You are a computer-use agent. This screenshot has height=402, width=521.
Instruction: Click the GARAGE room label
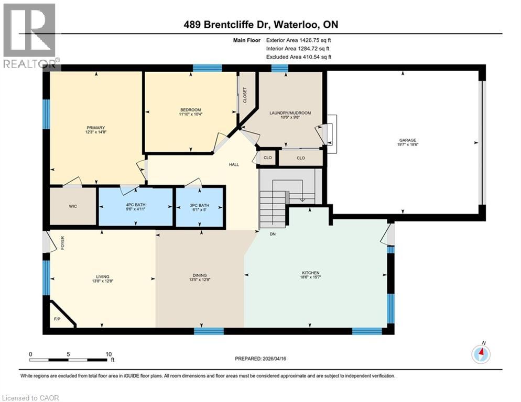pos(408,140)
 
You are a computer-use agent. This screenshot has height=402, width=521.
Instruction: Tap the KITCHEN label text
pos(311,273)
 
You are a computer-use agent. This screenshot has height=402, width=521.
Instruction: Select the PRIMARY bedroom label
pos(96,128)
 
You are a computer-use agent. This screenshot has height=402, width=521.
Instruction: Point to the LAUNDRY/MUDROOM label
pos(290,113)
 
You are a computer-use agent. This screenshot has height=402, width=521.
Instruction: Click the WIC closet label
pos(73,206)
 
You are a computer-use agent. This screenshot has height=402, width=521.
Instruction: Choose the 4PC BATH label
pos(136,205)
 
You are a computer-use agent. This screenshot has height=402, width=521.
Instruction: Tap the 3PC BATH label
pos(199,206)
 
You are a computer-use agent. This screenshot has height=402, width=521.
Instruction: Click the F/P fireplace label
pos(57,319)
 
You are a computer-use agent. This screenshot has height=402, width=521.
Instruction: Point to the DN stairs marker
pos(273,234)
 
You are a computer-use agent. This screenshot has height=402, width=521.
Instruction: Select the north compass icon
pos(481,354)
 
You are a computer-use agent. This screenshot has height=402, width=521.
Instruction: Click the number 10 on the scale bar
pos(108,354)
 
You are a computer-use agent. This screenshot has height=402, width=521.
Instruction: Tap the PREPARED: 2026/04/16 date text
pos(260,359)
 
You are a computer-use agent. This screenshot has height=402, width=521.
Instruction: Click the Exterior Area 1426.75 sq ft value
pos(298,40)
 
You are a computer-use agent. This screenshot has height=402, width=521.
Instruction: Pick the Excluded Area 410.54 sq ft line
pos(299,57)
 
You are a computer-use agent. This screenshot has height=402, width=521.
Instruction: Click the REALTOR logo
pos(29,36)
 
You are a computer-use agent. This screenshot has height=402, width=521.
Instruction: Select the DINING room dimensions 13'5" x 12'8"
pos(200,280)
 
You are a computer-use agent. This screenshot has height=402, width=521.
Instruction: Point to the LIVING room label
pos(103,276)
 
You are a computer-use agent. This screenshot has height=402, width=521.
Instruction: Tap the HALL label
pos(234,164)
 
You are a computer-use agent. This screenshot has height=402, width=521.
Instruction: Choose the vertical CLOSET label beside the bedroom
pos(245,95)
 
